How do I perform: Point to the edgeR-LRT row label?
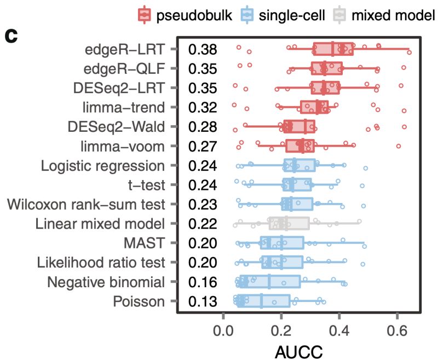[124, 49]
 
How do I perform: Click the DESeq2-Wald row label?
[116, 126]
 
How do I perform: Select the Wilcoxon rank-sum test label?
[86, 204]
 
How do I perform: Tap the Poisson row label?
[139, 300]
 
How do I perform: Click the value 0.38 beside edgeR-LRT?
[203, 49]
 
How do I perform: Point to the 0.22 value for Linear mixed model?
[203, 223]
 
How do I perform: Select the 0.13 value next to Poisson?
[203, 300]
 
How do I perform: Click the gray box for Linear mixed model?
[289, 223]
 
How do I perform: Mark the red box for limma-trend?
[314, 107]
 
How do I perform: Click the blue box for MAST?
[282, 242]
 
